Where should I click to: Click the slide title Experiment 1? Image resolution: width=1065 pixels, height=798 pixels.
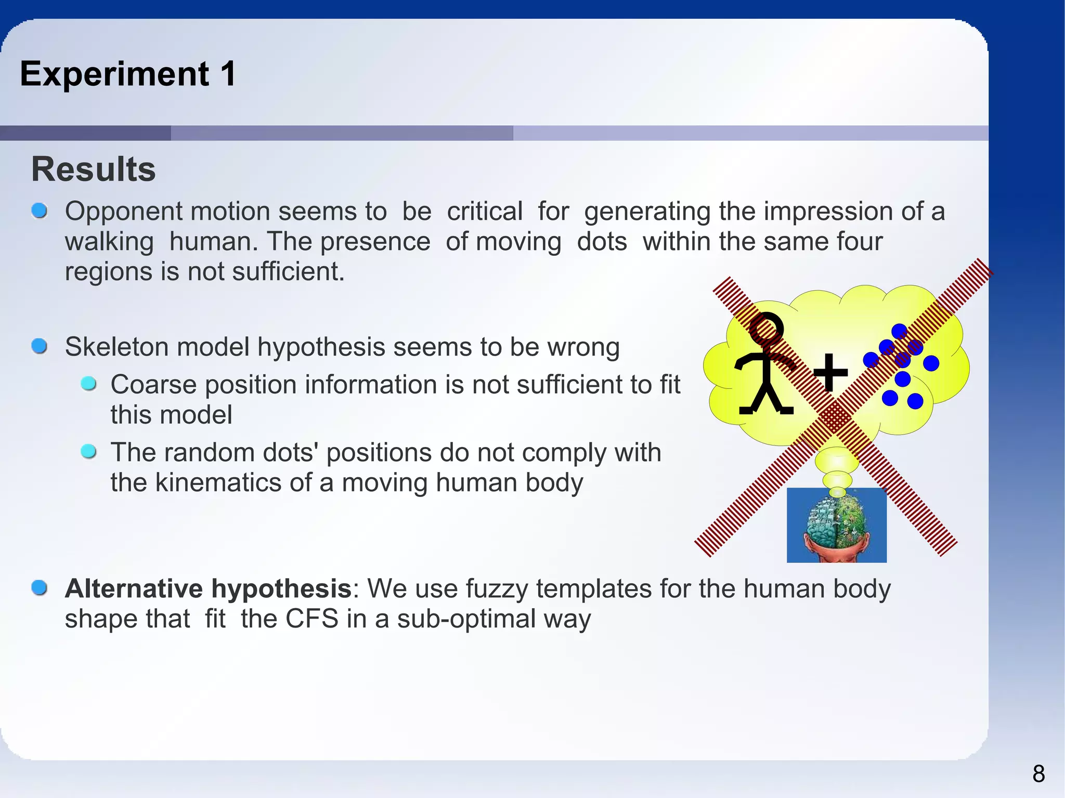[x=128, y=74]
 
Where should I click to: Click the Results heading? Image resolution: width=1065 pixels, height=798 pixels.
[x=94, y=169]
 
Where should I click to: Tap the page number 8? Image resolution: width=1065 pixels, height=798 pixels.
[x=1038, y=774]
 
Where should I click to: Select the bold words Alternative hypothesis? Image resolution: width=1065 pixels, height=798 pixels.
[x=208, y=588]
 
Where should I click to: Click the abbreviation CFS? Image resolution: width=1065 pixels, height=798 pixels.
[x=312, y=619]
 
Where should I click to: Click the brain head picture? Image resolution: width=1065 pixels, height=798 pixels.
[x=836, y=525]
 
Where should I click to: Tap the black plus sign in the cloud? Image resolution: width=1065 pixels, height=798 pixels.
[x=830, y=372]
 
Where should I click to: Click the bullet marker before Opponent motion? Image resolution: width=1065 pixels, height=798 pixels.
[x=40, y=211]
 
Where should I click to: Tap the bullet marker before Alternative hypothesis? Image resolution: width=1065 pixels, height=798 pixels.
[x=40, y=588]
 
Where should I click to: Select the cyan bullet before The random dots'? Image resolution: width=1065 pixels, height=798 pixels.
[x=89, y=451]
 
